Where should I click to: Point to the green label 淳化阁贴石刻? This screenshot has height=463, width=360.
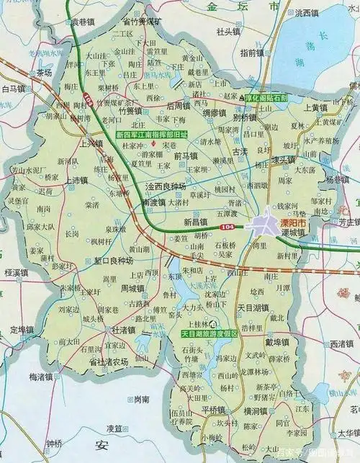pos(266,96)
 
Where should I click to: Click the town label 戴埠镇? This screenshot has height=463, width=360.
pos(277,341)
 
